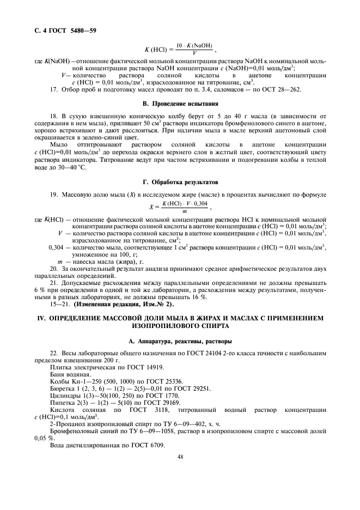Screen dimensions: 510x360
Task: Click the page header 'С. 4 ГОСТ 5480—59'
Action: pyautogui.click(x=61, y=29)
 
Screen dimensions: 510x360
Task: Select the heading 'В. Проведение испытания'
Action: pyautogui.click(x=180, y=103)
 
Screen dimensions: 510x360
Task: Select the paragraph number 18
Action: pyautogui.click(x=53, y=116)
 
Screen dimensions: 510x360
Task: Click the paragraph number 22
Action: pyautogui.click(x=53, y=353)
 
